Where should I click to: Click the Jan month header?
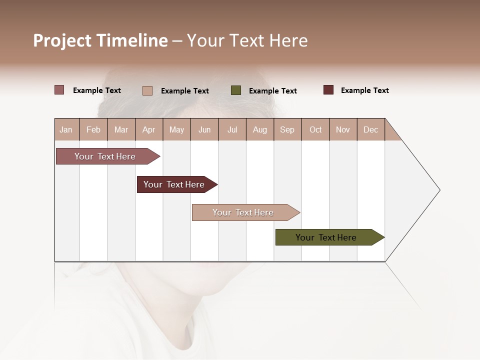66,129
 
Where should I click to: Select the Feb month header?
93,129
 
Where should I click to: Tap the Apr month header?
148,129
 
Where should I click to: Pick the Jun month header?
204,129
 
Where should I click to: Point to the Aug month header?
259,129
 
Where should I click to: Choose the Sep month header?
287,129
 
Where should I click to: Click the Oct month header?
315,129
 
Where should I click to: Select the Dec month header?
370,129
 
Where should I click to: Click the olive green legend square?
236,90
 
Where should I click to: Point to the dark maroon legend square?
328,90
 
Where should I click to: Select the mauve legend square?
59,90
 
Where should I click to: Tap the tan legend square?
147,90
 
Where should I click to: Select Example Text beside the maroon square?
364,90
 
